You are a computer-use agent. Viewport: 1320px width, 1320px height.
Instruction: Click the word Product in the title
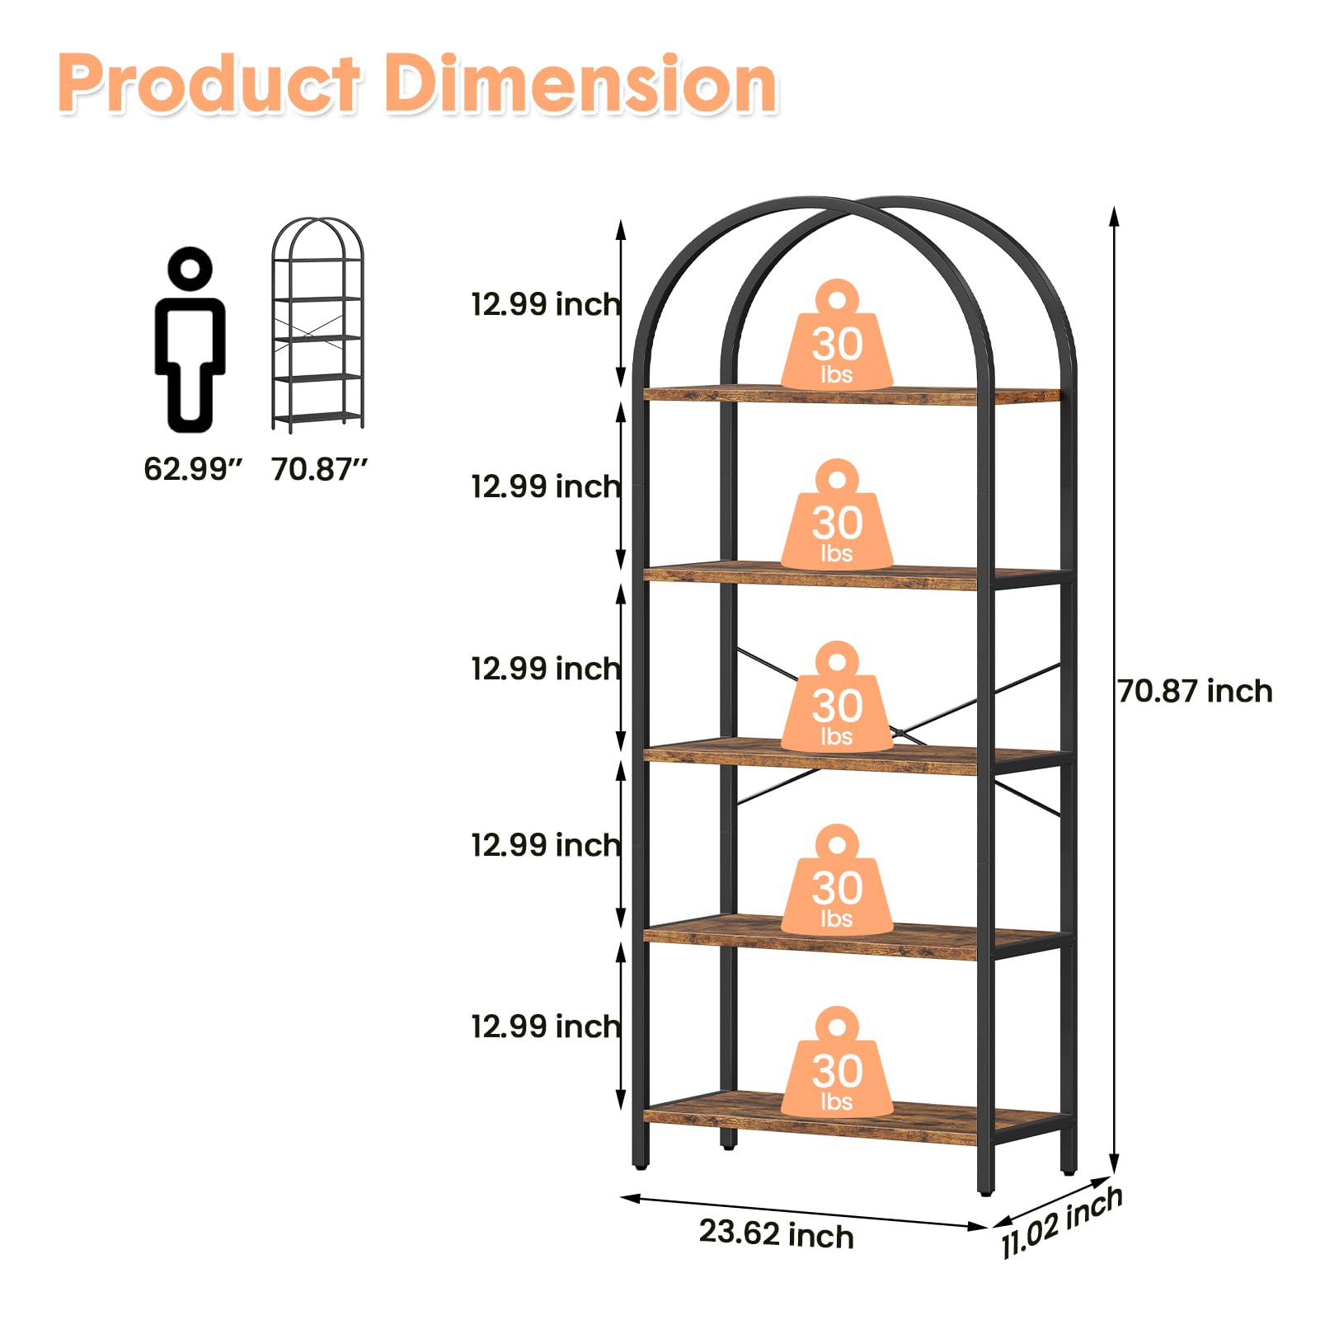(x=209, y=84)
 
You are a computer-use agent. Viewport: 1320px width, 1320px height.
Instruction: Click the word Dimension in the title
(x=581, y=84)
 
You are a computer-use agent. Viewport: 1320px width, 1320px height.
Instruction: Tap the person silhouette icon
(x=190, y=340)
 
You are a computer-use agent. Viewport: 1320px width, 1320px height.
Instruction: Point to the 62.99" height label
(x=193, y=469)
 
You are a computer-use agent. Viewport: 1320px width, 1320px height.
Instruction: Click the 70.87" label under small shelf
(x=319, y=469)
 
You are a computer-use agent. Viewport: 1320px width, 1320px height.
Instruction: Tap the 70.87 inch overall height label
(x=1195, y=691)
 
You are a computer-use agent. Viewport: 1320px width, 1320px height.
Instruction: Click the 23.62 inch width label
(x=776, y=1234)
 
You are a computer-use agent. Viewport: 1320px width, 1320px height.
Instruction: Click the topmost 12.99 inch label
(x=546, y=304)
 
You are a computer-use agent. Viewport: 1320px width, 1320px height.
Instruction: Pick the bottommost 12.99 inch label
(x=546, y=1026)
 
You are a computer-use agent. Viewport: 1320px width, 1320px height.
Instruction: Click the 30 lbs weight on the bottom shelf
(x=837, y=1063)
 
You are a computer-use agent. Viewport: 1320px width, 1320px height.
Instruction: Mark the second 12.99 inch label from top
(x=546, y=486)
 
